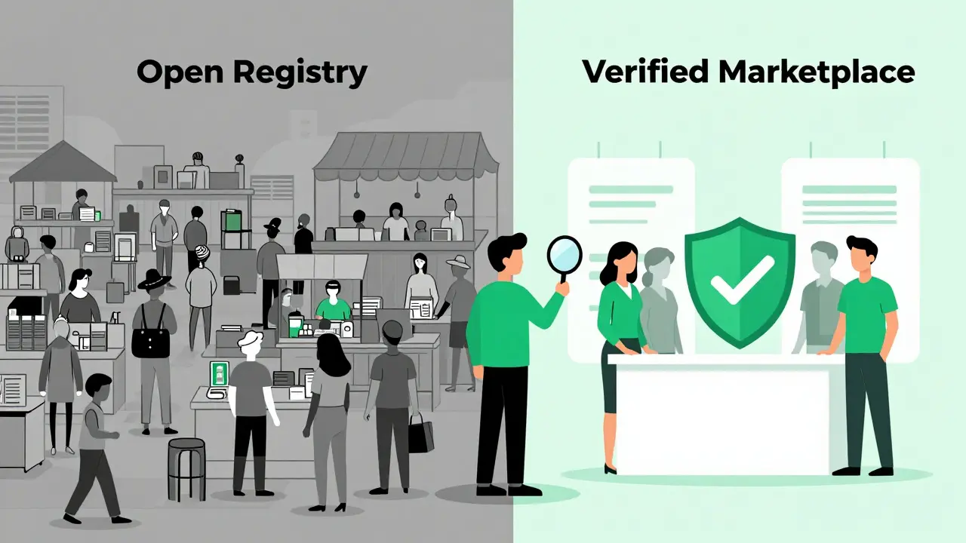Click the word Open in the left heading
[x=180, y=73]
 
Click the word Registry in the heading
[x=300, y=73]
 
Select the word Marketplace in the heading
[x=817, y=73]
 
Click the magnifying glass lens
[x=565, y=254]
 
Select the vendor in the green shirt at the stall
[x=333, y=301]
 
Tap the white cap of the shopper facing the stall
[x=250, y=339]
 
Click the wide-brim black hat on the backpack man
[x=154, y=279]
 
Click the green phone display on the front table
[x=219, y=374]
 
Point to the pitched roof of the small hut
[x=63, y=162]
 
